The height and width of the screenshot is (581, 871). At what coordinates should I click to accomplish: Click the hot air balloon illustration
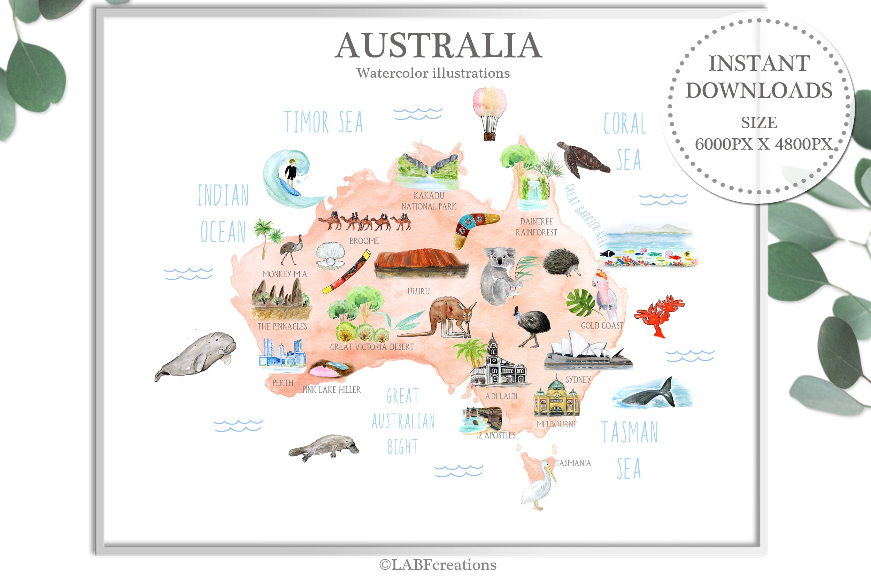[x=489, y=111]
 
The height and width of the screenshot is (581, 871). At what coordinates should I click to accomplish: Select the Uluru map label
[x=418, y=292]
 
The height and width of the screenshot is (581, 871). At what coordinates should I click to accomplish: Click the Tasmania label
[x=573, y=463]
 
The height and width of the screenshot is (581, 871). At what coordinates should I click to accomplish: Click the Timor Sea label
[x=324, y=122]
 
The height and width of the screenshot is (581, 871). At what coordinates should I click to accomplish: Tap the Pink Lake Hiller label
[x=331, y=390]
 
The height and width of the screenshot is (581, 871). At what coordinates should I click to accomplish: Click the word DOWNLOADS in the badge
[x=759, y=91]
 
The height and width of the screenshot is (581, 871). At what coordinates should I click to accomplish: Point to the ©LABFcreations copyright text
[x=438, y=565]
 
